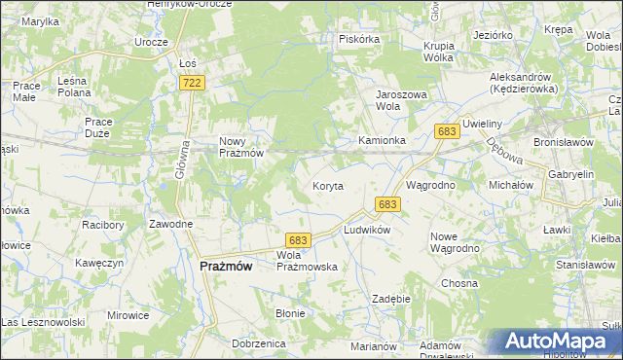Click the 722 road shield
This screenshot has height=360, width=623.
pyautogui.click(x=192, y=84)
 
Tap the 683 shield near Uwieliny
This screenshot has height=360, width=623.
pyautogui.click(x=448, y=131)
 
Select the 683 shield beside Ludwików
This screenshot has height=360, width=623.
pyautogui.click(x=387, y=204)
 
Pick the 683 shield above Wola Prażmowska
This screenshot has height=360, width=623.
pyautogui.click(x=298, y=240)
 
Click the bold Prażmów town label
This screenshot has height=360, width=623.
pyautogui.click(x=226, y=266)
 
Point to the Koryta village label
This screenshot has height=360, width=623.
pyautogui.click(x=327, y=186)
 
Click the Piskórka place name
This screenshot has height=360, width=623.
pyautogui.click(x=358, y=40)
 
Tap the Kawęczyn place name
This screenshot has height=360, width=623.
pyautogui.click(x=98, y=264)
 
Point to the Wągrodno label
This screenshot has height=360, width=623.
pyautogui.click(x=430, y=184)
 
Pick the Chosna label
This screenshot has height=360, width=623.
pyautogui.click(x=458, y=283)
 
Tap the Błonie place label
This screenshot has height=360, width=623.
pyautogui.click(x=291, y=313)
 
